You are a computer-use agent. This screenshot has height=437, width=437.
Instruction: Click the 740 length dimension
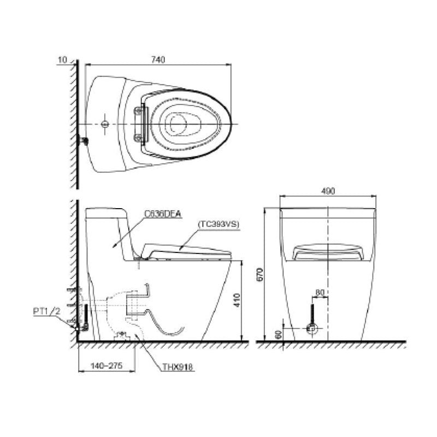[158, 60]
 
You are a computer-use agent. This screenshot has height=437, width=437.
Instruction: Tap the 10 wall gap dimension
[63, 60]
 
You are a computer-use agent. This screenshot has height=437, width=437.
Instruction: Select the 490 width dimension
[328, 191]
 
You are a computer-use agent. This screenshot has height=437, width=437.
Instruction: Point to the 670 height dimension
[260, 275]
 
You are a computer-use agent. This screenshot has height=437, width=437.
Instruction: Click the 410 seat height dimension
[237, 300]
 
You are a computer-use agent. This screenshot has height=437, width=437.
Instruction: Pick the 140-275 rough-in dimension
[107, 365]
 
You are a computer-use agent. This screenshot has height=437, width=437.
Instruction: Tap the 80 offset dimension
[320, 292]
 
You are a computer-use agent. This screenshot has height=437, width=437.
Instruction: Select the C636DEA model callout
[163, 214]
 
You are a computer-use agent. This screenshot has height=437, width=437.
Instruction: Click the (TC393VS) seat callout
[218, 225]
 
